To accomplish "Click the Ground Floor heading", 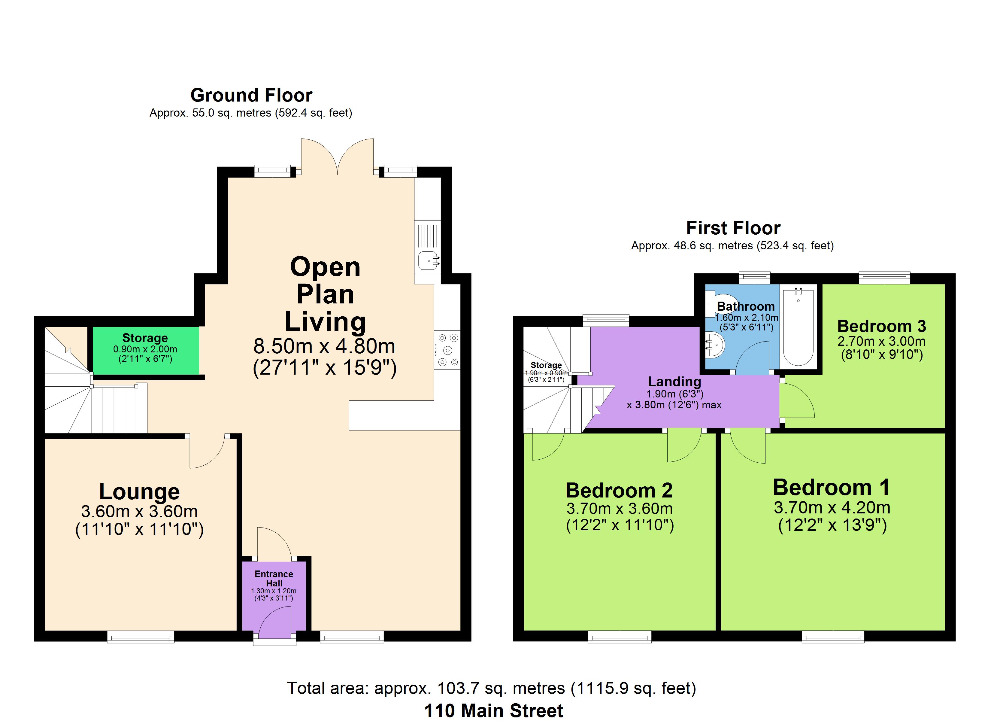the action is pos(251,95).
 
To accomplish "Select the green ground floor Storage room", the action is pos(146,351).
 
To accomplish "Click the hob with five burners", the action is pos(447,350).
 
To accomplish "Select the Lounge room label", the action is pos(139,491).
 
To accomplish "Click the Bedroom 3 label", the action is pos(882,326).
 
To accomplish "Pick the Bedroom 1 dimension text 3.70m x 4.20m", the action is pos(832,508).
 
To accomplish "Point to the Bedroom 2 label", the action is pos(619,491).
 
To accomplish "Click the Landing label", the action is pos(674,382).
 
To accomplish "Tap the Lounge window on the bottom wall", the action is pos(141,637).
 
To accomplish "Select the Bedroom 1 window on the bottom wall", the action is pos(833,637).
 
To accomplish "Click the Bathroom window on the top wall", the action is pos(755,278).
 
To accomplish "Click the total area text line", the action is pos(491,688).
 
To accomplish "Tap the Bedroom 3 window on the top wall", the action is pos(884,278).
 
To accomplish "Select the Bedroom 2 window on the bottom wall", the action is pos(620,637).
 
